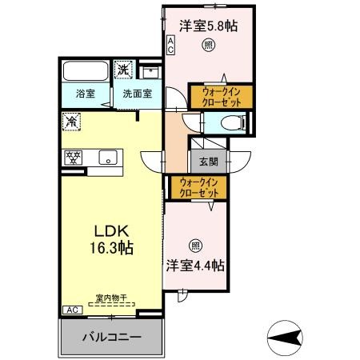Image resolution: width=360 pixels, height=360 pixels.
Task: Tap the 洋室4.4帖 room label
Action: click(x=195, y=264)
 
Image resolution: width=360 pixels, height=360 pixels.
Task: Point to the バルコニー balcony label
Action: click(x=112, y=338)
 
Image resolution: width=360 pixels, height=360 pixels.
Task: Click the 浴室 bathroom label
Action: click(x=74, y=94)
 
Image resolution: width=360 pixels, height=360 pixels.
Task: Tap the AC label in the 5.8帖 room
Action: click(x=170, y=43)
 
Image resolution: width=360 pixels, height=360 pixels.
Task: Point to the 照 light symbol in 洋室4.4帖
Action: click(x=195, y=246)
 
